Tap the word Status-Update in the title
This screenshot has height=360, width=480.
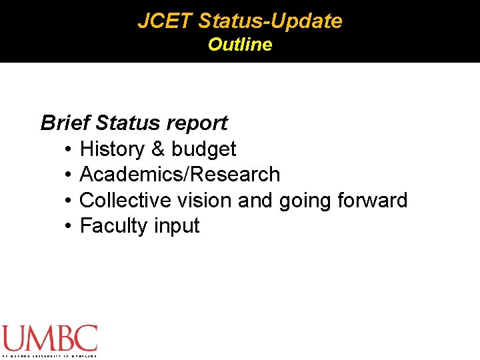(270, 21)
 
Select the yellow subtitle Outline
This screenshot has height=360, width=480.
(240, 45)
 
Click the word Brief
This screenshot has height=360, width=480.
(65, 123)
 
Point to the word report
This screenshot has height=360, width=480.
(197, 123)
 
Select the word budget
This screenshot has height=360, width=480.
(203, 149)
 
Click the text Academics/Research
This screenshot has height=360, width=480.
(179, 175)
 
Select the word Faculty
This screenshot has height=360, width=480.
(114, 226)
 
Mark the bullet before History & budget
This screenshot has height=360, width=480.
(69, 149)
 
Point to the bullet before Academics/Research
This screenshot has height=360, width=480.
(69, 175)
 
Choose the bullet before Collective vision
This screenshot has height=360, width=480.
(69, 200)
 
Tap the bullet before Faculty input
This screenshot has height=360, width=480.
(69, 226)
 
